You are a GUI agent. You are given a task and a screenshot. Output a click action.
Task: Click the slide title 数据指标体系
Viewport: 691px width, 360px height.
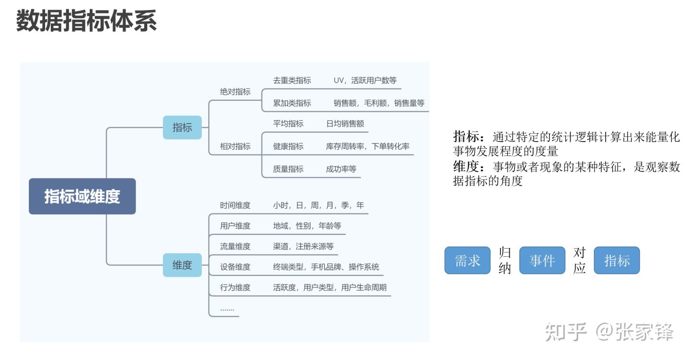pos(86,21)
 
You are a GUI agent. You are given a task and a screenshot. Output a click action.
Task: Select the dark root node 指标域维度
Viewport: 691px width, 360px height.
pos(83,196)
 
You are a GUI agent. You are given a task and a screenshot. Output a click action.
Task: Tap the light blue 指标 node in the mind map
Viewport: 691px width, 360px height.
pos(182,127)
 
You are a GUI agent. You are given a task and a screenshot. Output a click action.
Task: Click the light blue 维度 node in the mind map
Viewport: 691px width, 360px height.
pos(182,265)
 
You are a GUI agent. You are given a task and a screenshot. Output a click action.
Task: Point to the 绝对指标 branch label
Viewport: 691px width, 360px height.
pos(235,92)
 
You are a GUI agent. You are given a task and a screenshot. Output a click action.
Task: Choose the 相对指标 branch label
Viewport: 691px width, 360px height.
pos(235,146)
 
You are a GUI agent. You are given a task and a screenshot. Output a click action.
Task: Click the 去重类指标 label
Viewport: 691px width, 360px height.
pos(292,81)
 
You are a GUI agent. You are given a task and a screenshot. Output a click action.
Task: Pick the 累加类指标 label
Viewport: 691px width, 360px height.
pos(292,103)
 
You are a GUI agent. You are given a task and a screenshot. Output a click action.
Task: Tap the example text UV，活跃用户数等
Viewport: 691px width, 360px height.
pos(365,81)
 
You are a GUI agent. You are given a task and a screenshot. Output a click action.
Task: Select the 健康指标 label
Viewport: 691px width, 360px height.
pos(288,146)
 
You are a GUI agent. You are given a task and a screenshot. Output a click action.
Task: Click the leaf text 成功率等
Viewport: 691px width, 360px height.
pos(341,169)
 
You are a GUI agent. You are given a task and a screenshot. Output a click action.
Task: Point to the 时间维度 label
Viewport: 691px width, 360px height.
pos(235,205)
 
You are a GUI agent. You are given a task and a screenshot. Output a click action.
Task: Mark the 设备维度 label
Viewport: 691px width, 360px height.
pos(235,267)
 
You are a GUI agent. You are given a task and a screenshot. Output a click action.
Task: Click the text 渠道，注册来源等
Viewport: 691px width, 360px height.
pos(303,246)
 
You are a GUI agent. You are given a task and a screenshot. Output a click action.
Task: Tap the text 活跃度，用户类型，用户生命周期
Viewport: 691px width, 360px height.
pos(330,288)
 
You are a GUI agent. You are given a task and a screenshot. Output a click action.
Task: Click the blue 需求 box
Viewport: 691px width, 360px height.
pos(467,260)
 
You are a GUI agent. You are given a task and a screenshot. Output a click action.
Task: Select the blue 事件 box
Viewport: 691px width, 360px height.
pos(542,260)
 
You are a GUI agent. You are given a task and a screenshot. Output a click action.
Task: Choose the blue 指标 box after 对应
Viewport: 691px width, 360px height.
pos(617,260)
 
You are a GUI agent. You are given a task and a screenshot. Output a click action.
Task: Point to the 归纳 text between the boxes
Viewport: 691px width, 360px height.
pos(505,261)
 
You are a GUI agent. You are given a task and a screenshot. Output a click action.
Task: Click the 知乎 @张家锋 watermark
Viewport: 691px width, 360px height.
pos(609,332)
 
